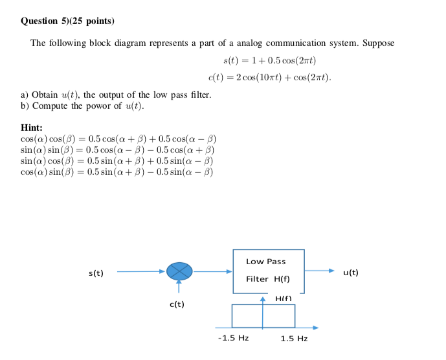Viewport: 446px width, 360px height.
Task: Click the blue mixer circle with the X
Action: tap(179, 271)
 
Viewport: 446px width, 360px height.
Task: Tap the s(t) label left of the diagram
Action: tap(96, 273)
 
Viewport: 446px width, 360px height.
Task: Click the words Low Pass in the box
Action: tap(265, 262)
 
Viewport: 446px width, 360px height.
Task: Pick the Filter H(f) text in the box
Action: tap(267, 279)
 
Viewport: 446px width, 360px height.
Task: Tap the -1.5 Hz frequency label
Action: tap(234, 338)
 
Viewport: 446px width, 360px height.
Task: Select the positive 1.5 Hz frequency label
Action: tap(294, 339)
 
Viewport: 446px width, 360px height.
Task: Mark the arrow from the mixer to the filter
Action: tap(213, 272)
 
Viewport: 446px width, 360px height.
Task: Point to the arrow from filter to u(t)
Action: tap(320, 271)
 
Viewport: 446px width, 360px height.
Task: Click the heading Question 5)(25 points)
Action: tap(67, 21)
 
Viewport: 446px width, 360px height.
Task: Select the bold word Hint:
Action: tap(32, 128)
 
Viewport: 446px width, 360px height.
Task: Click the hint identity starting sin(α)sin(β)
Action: tap(118, 150)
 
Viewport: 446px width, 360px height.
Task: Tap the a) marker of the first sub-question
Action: tap(25, 95)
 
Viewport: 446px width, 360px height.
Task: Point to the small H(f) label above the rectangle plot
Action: tap(284, 298)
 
